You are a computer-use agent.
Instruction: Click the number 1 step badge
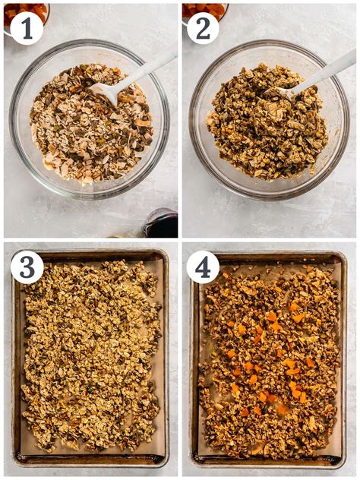point(27,27)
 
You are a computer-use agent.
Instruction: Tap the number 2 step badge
point(203,27)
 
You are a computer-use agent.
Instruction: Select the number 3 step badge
point(27,267)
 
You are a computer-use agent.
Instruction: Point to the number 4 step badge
point(203,267)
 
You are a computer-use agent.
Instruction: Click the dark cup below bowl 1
point(162,225)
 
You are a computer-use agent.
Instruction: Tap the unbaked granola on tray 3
point(91,357)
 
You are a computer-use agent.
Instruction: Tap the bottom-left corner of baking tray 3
point(15,462)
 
